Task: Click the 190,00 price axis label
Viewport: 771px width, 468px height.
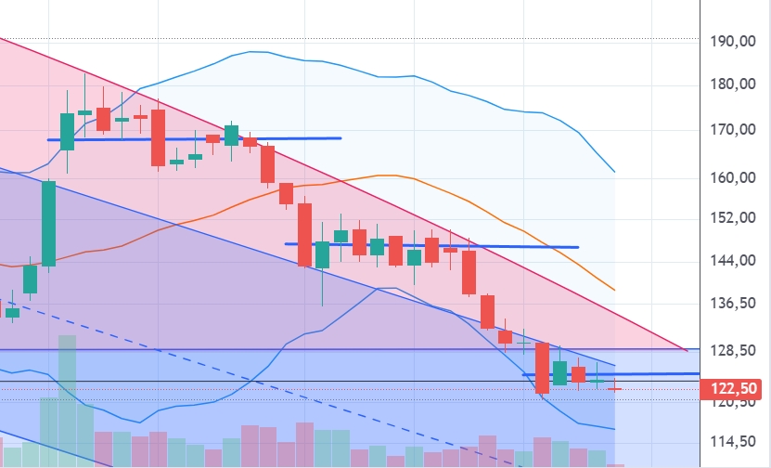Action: [730, 42]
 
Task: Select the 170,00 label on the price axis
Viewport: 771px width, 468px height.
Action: [730, 130]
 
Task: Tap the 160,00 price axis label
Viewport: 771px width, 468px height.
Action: [730, 177]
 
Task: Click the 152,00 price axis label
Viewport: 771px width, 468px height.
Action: [730, 218]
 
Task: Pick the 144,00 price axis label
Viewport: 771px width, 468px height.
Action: [730, 261]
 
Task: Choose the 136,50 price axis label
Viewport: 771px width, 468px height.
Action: [730, 304]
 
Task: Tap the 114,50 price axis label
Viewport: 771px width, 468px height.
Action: [730, 442]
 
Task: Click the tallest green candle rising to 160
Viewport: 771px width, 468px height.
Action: [48, 223]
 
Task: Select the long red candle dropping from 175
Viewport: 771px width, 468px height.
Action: [158, 137]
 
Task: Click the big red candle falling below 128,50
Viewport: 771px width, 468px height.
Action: [542, 368]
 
